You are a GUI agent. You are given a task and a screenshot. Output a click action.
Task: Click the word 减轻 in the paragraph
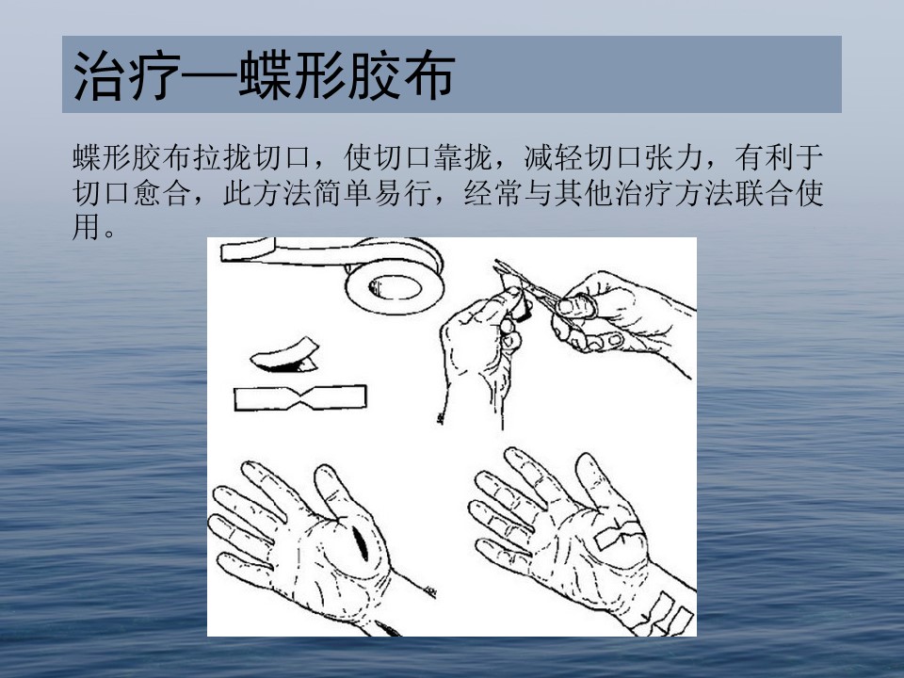click(554, 157)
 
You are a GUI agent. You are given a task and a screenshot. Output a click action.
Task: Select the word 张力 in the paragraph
click(673, 157)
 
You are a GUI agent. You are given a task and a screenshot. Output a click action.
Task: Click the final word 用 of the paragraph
click(87, 227)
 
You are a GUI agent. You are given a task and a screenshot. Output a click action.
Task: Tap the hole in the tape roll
click(395, 286)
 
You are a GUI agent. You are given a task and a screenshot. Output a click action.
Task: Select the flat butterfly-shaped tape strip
click(299, 397)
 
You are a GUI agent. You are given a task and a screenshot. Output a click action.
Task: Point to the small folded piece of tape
click(284, 355)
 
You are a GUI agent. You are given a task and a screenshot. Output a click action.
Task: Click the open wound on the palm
click(361, 542)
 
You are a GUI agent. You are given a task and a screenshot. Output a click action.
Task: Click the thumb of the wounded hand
click(331, 490)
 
